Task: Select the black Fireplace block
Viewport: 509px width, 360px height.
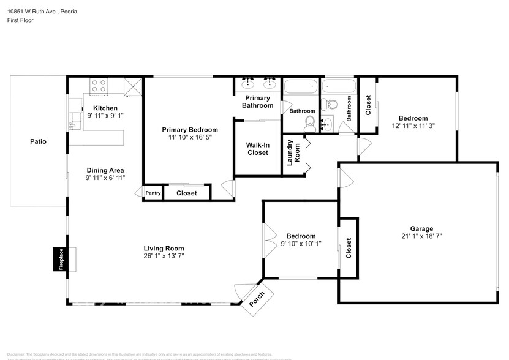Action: click(x=61, y=258)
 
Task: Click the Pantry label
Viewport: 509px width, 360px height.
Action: click(x=153, y=193)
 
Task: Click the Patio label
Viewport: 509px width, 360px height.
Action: click(x=38, y=141)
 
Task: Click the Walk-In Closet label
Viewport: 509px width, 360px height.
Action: click(x=257, y=149)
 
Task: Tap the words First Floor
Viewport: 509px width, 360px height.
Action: click(x=21, y=20)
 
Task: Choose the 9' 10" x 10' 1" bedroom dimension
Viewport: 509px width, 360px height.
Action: click(x=301, y=244)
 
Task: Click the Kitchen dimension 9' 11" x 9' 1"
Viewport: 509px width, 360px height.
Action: click(x=105, y=116)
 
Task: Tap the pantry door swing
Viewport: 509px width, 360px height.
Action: click(x=139, y=192)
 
